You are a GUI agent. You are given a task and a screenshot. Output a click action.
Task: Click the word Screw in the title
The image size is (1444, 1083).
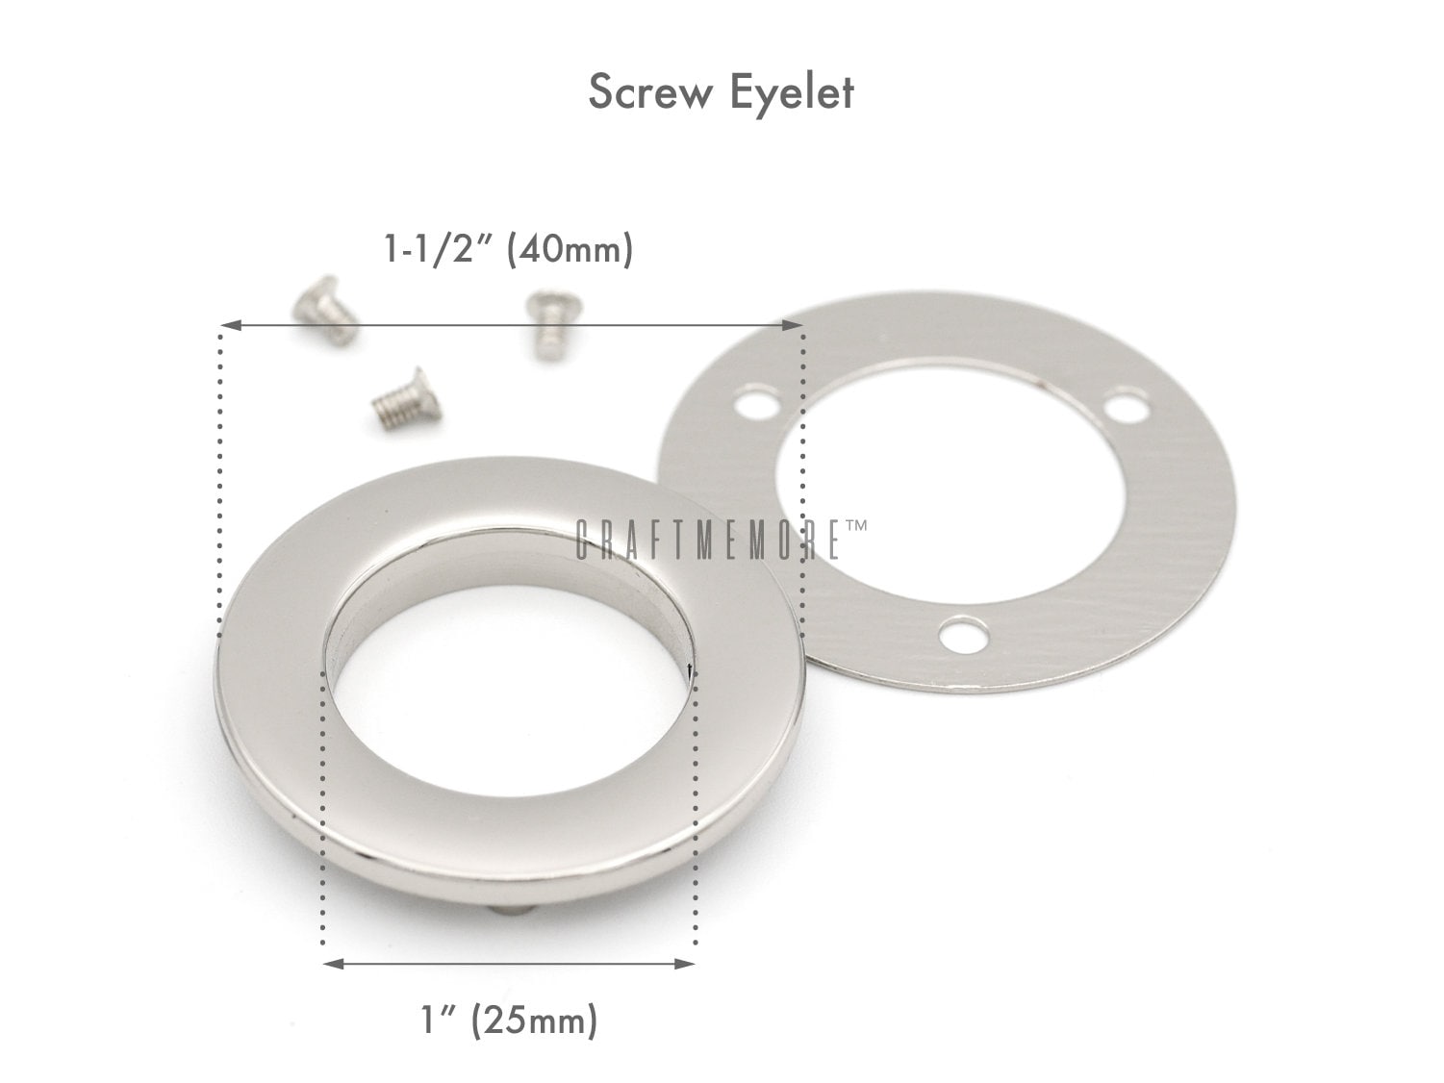[x=650, y=91]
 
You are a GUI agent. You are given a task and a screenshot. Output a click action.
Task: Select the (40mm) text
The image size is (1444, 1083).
[x=570, y=250]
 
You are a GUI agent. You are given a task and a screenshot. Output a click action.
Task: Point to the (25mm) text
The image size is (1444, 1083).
[x=534, y=1020]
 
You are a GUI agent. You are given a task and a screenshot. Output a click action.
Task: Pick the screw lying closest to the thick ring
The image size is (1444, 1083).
[x=407, y=396]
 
